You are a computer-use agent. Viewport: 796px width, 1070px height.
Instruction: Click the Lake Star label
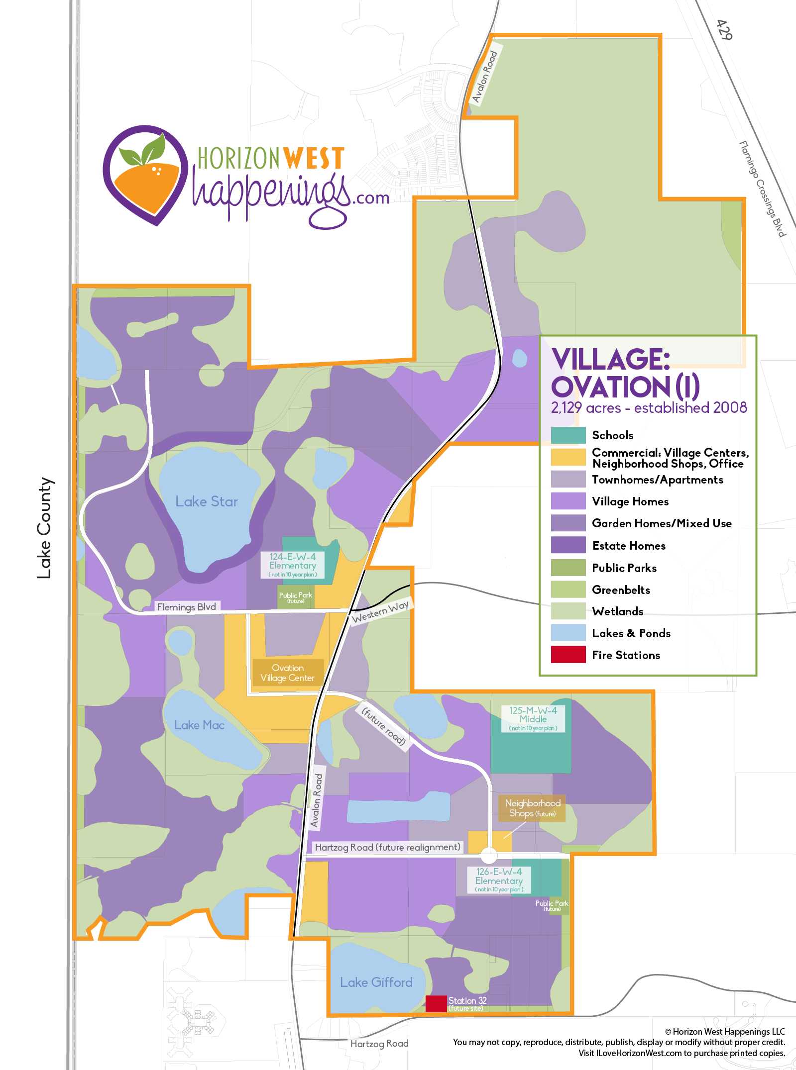coord(207,501)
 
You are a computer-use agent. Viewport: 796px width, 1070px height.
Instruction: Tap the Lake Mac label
coord(199,725)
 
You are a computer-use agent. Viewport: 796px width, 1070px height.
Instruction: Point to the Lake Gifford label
coord(376,982)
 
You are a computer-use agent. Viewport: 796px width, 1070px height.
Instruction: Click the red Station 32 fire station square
coord(436,1003)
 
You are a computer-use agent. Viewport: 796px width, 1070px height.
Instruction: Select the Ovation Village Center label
coord(288,673)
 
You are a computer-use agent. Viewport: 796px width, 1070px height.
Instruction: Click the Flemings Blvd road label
coord(187,607)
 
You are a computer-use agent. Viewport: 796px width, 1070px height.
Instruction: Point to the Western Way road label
coord(380,612)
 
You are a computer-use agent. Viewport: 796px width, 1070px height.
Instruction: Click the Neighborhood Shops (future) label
coord(532,808)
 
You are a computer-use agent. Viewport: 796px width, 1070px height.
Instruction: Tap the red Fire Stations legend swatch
coord(568,655)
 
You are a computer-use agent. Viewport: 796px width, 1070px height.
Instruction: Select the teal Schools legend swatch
coord(568,435)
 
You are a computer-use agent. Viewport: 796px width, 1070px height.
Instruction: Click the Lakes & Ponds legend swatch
coord(568,633)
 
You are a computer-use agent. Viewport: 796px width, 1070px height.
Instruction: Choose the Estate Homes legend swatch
coord(568,545)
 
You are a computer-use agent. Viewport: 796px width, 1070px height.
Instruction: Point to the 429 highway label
coord(724,30)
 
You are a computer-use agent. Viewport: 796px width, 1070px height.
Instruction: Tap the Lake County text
coord(45,528)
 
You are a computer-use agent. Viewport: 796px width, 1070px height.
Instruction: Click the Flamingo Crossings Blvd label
coord(762,189)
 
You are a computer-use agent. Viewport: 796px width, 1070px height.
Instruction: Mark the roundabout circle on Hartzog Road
coord(489,856)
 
